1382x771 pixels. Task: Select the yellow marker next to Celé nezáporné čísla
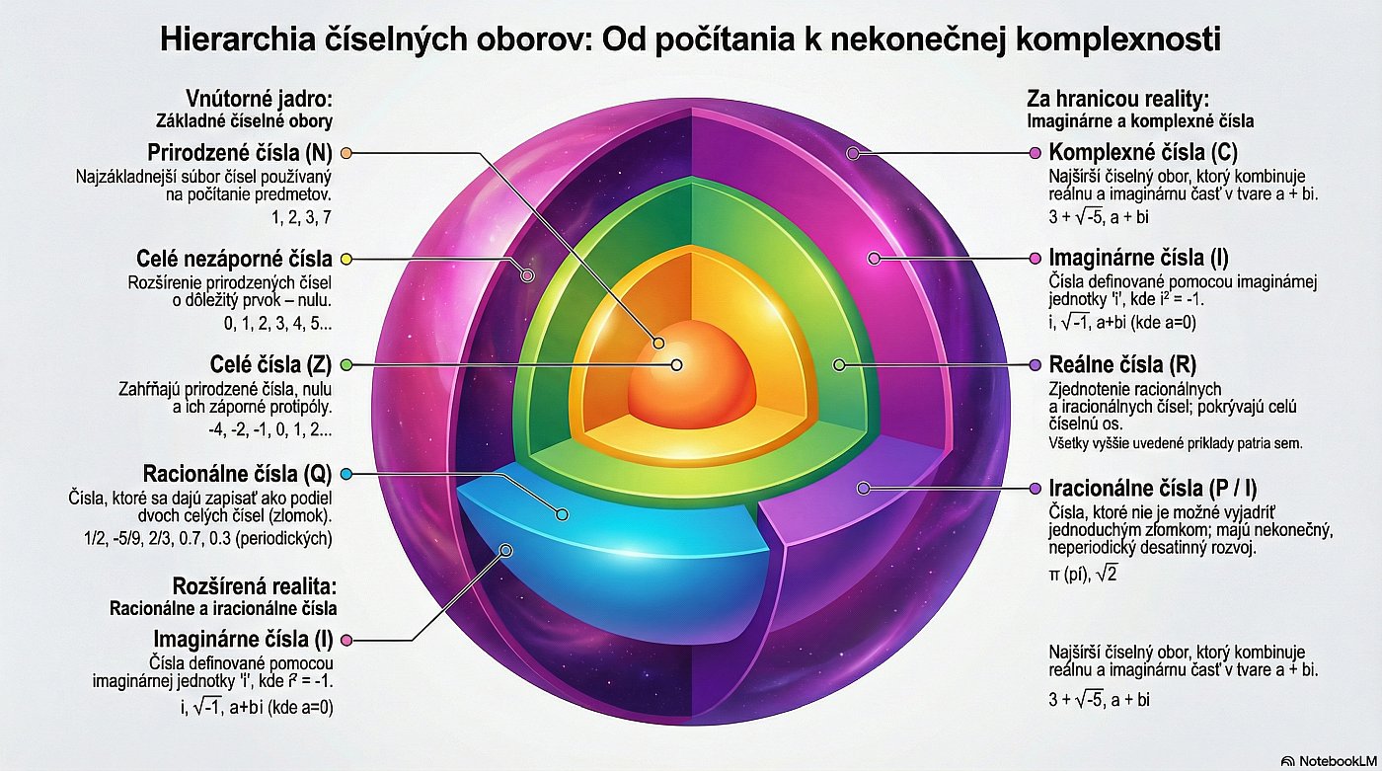coord(345,259)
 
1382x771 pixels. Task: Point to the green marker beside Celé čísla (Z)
coord(345,364)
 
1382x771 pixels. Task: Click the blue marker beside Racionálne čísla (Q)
coord(345,474)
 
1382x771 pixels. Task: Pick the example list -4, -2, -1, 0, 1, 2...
coord(270,430)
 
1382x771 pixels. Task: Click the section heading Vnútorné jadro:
coord(259,99)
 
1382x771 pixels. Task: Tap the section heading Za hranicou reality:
coord(1117,99)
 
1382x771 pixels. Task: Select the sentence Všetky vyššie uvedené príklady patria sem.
coord(1176,442)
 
